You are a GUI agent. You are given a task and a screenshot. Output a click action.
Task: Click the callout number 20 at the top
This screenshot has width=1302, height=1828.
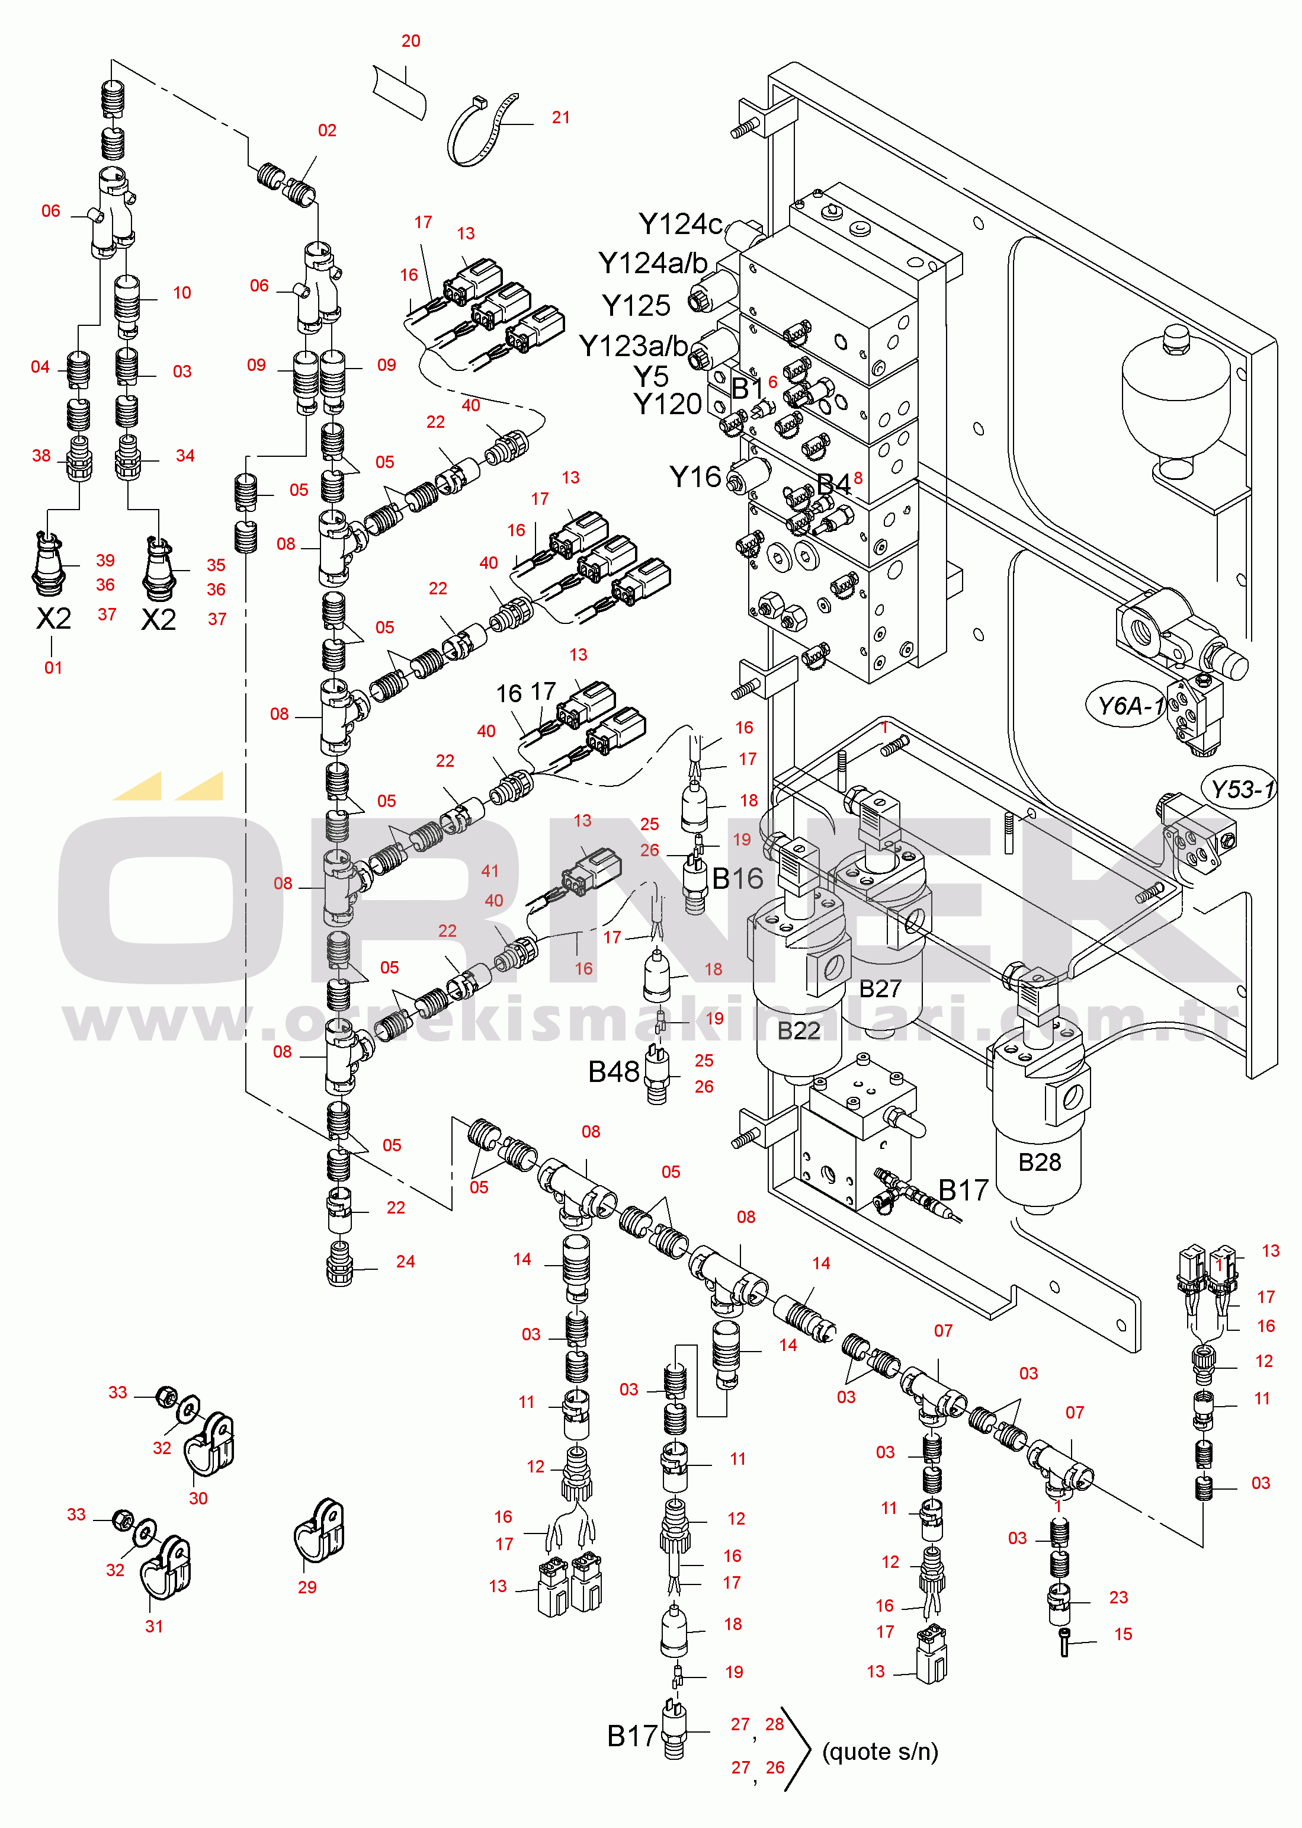411,41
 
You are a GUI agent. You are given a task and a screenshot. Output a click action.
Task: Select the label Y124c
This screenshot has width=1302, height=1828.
680,225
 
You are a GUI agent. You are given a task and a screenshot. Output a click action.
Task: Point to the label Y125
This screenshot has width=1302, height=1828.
636,306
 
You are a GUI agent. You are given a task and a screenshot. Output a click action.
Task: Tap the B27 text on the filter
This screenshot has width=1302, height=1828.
880,988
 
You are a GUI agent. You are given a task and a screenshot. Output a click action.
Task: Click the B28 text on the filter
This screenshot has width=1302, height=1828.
1039,1162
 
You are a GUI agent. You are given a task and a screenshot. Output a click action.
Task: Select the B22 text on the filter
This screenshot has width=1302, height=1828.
798,1030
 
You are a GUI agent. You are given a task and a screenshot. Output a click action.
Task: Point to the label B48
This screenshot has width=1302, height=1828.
613,1072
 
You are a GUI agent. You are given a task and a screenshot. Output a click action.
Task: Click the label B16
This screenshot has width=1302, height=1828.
737,879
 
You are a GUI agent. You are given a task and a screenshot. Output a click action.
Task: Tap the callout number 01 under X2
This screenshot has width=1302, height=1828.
53,668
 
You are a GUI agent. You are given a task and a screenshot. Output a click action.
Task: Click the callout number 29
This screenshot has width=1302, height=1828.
307,1587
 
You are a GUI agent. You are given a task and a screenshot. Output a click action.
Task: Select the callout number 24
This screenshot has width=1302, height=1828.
406,1262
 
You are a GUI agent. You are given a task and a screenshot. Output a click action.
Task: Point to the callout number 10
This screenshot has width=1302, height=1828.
182,293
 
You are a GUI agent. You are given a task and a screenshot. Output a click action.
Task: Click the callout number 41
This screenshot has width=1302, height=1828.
490,870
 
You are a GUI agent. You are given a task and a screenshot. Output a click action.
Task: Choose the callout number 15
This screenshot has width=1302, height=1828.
1123,1634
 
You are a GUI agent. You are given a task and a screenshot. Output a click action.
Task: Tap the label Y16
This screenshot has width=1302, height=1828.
695,477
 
